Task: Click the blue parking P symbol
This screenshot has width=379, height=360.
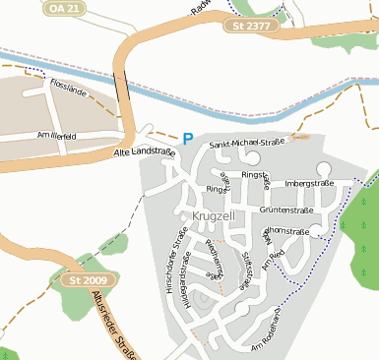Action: click(188, 140)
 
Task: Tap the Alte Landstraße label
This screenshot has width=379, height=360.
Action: click(144, 152)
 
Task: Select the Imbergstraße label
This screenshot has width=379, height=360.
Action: click(309, 183)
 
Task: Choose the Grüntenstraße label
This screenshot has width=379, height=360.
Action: click(287, 210)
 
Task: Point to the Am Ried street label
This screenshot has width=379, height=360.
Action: click(278, 257)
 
